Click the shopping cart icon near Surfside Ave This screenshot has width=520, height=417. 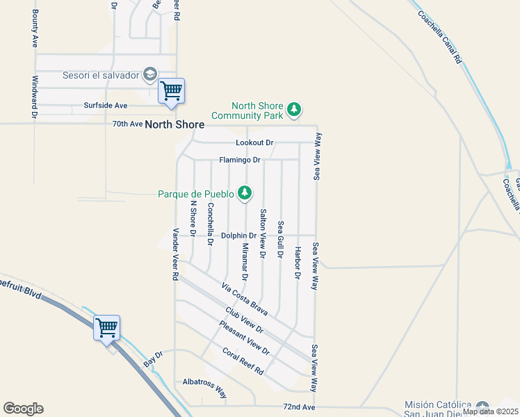171,91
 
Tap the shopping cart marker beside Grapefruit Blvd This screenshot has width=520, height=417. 106,327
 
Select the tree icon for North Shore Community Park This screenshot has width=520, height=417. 295,109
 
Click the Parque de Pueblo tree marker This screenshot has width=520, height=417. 244,193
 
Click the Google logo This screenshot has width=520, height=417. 23,408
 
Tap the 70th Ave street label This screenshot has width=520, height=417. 127,124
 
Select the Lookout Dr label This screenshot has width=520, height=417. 254,142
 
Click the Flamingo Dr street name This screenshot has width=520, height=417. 239,160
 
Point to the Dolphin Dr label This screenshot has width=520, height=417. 239,236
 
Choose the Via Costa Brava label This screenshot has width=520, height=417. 244,295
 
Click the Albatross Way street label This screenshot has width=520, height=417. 204,387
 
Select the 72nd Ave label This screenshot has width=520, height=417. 300,407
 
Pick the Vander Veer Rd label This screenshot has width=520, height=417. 176,254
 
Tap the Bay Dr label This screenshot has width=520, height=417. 153,359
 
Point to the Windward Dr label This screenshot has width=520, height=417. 33,99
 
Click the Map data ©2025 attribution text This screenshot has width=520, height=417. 490,411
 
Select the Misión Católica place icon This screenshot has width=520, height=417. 483,406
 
